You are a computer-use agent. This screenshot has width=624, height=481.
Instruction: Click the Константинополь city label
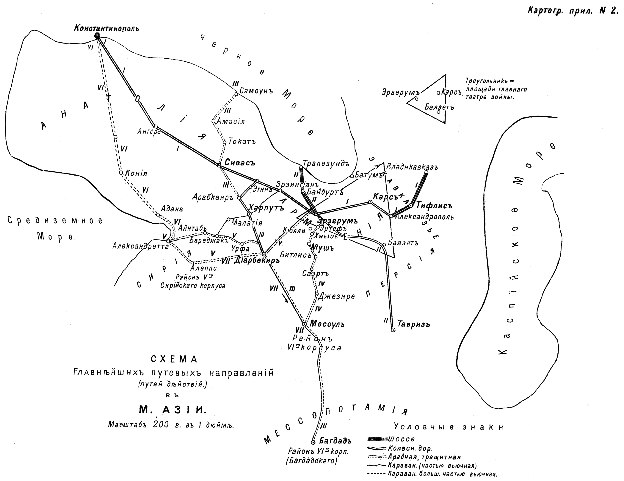[106, 28]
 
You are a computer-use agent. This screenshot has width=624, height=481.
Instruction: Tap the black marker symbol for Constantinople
[97, 36]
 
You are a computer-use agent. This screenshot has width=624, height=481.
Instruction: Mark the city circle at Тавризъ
[393, 330]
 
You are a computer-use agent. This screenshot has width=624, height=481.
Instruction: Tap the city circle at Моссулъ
[305, 324]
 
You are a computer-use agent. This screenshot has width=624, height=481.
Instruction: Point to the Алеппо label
[204, 268]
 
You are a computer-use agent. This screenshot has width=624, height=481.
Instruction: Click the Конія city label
[136, 174]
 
